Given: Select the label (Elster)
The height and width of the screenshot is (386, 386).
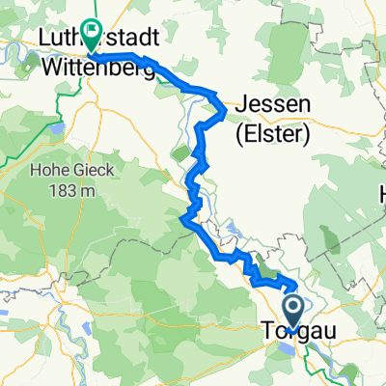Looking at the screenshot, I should tap(273, 137).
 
